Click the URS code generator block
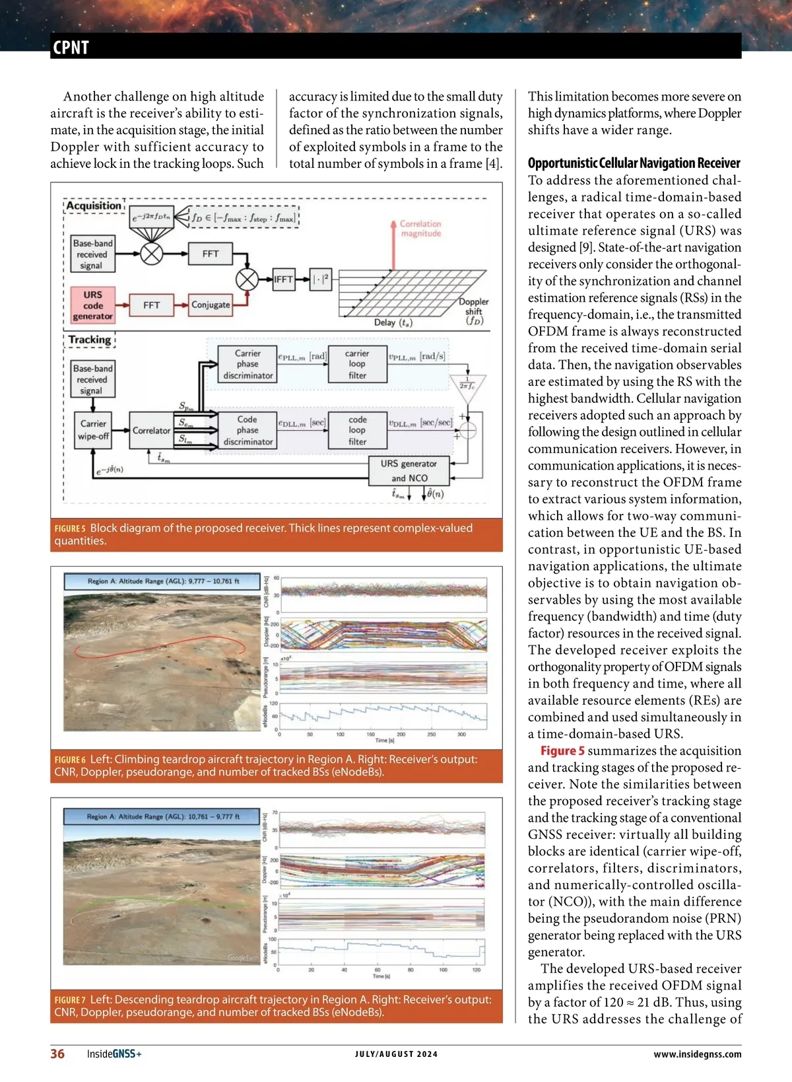pyautogui.click(x=92, y=305)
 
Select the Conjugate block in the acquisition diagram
pyautogui.click(x=211, y=305)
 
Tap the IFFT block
pyautogui.click(x=283, y=279)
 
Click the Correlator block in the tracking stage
pyautogui.click(x=151, y=431)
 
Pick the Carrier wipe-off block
pyautogui.click(x=93, y=430)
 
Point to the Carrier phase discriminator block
pyautogui.click(x=247, y=365)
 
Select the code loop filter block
pyautogui.click(x=357, y=431)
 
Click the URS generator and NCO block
pyautogui.click(x=409, y=471)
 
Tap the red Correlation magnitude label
pyautogui.click(x=420, y=229)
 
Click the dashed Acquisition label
pyautogui.click(x=94, y=205)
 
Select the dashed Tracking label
pyautogui.click(x=90, y=340)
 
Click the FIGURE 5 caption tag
pyautogui.click(x=70, y=528)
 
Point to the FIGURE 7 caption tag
pyautogui.click(x=70, y=1000)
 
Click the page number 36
pyautogui.click(x=57, y=1054)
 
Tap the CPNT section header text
pyautogui.click(x=71, y=48)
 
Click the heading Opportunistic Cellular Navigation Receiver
pyautogui.click(x=634, y=163)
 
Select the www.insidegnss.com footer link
pyautogui.click(x=697, y=1054)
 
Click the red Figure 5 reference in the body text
pyautogui.click(x=562, y=751)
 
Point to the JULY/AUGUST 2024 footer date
pyautogui.click(x=396, y=1054)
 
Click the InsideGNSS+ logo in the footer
pyautogui.click(x=114, y=1054)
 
